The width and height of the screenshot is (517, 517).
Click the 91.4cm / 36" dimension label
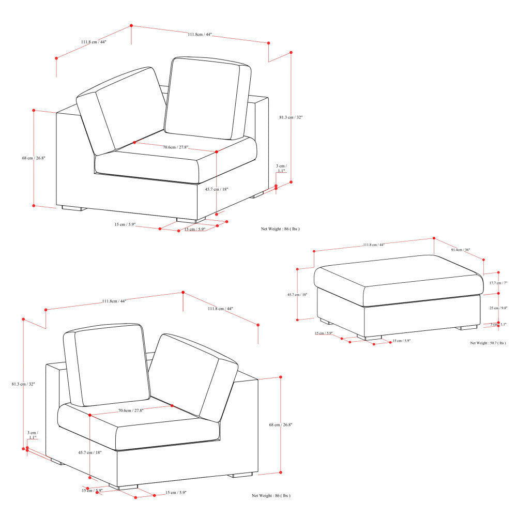(x=460, y=250)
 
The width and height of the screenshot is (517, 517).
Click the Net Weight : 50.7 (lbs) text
(x=488, y=343)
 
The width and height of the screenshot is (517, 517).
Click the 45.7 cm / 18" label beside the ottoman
(x=297, y=295)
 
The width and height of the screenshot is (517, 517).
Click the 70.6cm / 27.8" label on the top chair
(x=176, y=147)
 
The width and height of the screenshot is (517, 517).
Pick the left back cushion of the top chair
(x=121, y=111)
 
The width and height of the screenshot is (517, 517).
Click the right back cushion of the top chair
(x=207, y=98)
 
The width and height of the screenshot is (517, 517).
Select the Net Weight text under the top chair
(x=280, y=229)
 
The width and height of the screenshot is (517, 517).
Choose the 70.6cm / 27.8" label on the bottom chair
(x=131, y=410)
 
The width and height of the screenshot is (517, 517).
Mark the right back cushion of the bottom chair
(x=194, y=375)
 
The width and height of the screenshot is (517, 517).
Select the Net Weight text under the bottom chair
(x=271, y=496)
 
